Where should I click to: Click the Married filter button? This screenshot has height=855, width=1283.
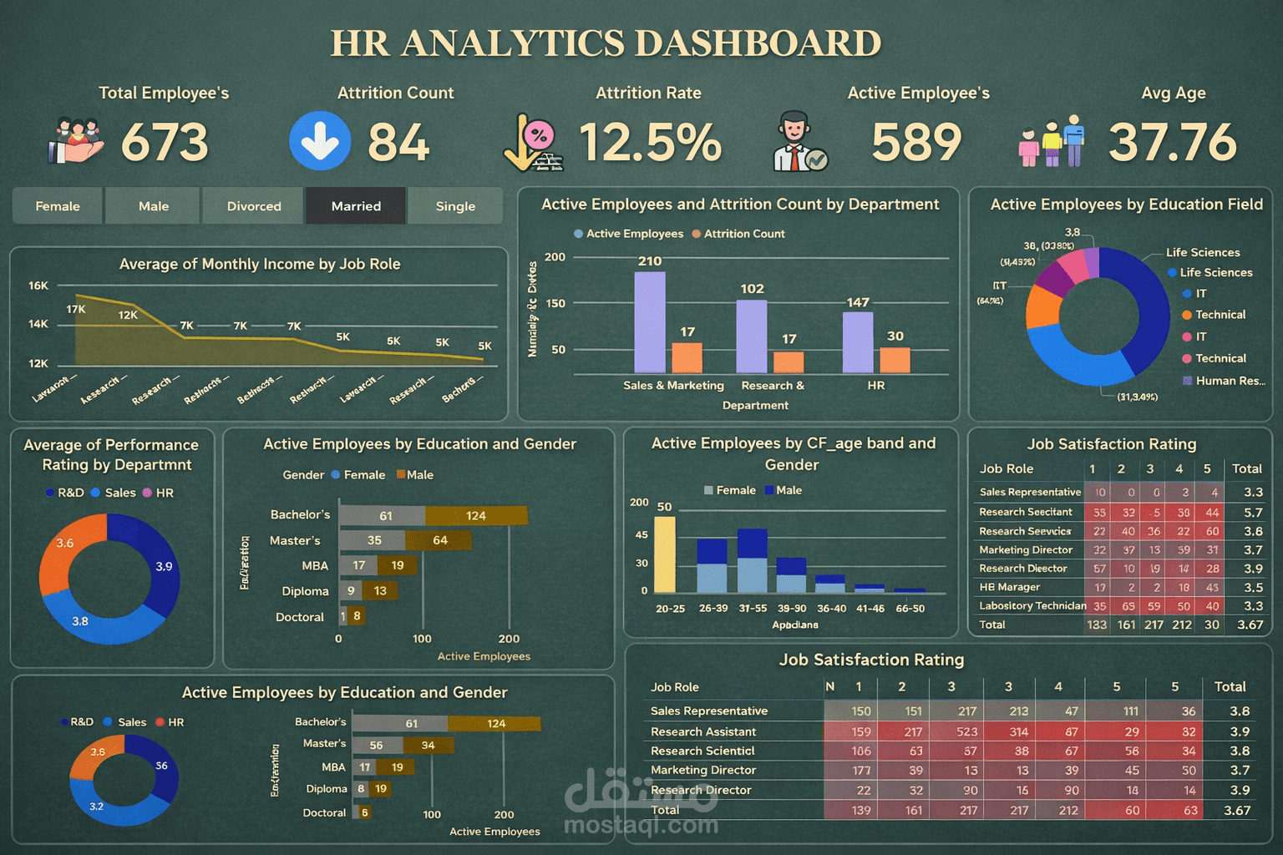356,206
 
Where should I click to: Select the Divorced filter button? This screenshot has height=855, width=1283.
254,206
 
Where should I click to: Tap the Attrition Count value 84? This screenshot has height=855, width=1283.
398,142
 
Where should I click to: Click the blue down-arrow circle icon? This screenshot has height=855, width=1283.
320,141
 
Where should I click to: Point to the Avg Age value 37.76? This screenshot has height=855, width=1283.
1172,142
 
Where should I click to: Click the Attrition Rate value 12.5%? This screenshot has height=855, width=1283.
650,142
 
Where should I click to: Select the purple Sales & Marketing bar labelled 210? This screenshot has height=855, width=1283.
650,321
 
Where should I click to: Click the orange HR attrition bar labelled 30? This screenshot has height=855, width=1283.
895,360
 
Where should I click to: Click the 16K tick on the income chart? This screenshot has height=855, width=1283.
38,286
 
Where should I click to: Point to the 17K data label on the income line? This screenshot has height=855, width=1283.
76,310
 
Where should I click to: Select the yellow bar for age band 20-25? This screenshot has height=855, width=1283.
665,554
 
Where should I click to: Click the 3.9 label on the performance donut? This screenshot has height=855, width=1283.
164,567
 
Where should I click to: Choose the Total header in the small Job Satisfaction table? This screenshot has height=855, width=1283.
1246,469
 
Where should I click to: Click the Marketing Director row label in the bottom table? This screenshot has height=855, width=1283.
703,770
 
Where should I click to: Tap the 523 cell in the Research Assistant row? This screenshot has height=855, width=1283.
966,731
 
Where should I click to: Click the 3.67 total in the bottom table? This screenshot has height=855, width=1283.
1237,810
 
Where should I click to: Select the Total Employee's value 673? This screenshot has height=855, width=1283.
165,142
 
